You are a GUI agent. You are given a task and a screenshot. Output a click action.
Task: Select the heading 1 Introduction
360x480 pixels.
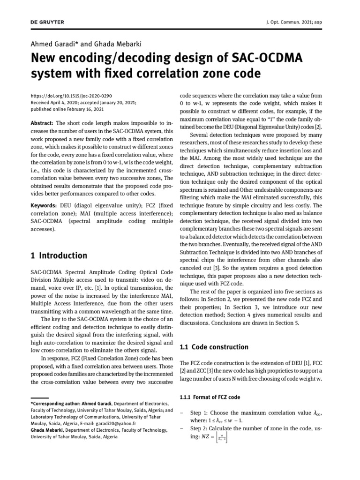point(59,255)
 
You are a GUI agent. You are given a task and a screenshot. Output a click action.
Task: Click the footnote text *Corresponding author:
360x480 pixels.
point(56,403)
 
